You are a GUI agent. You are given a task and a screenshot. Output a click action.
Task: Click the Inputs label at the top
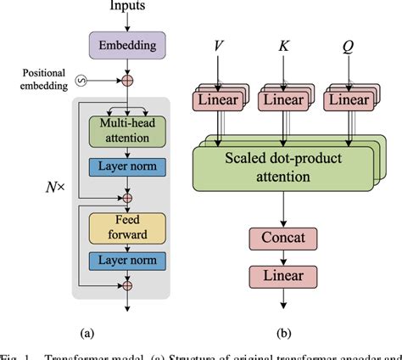coord(127,8)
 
